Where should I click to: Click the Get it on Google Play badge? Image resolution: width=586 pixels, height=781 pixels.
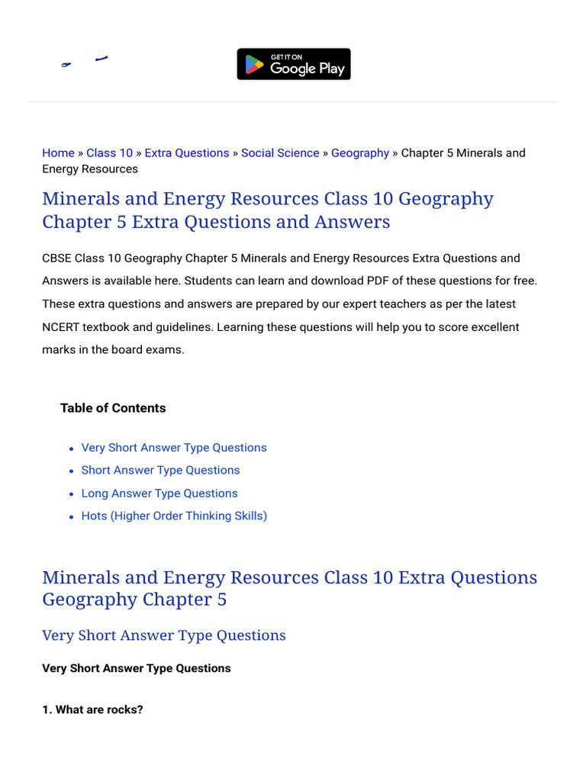coord(294,64)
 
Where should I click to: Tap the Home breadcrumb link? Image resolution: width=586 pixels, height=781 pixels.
coord(58,153)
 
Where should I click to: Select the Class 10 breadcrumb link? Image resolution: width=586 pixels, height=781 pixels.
coord(109,153)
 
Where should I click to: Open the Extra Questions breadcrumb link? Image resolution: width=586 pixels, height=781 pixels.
coord(187,153)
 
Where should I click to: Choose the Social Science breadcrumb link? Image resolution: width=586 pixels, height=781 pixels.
coord(280,153)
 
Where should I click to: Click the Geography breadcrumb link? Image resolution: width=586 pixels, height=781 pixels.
coord(360,153)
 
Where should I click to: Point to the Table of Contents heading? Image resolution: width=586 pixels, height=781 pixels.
coord(113,408)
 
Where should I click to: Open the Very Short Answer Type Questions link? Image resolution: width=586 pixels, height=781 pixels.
coord(174,448)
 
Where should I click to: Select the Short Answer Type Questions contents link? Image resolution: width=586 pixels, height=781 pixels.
coord(160,471)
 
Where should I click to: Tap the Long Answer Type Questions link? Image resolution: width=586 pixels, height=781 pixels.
coord(159,493)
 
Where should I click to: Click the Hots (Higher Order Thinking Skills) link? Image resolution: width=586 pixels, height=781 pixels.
coord(174,516)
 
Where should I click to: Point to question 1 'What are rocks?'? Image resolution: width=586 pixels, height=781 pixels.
coord(92,709)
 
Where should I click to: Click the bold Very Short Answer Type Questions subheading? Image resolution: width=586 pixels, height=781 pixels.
coord(136,668)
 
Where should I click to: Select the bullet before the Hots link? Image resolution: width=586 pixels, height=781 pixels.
coord(71,517)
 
